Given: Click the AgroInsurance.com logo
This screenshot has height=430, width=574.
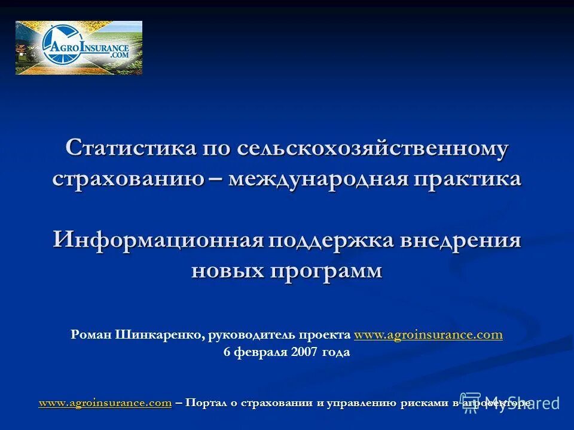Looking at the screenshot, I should coord(79,48).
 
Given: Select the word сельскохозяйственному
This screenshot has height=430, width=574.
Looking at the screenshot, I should coord(373,148).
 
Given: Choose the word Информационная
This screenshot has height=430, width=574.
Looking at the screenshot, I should coord(158,240).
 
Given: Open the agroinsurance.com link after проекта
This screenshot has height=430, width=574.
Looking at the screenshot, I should coord(428,335).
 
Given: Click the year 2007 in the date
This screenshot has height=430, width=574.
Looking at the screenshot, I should coord(305,352).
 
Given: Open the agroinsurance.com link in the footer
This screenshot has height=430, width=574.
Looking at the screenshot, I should coord(105,403).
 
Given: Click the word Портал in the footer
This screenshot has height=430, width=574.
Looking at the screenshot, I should coord(205,403).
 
